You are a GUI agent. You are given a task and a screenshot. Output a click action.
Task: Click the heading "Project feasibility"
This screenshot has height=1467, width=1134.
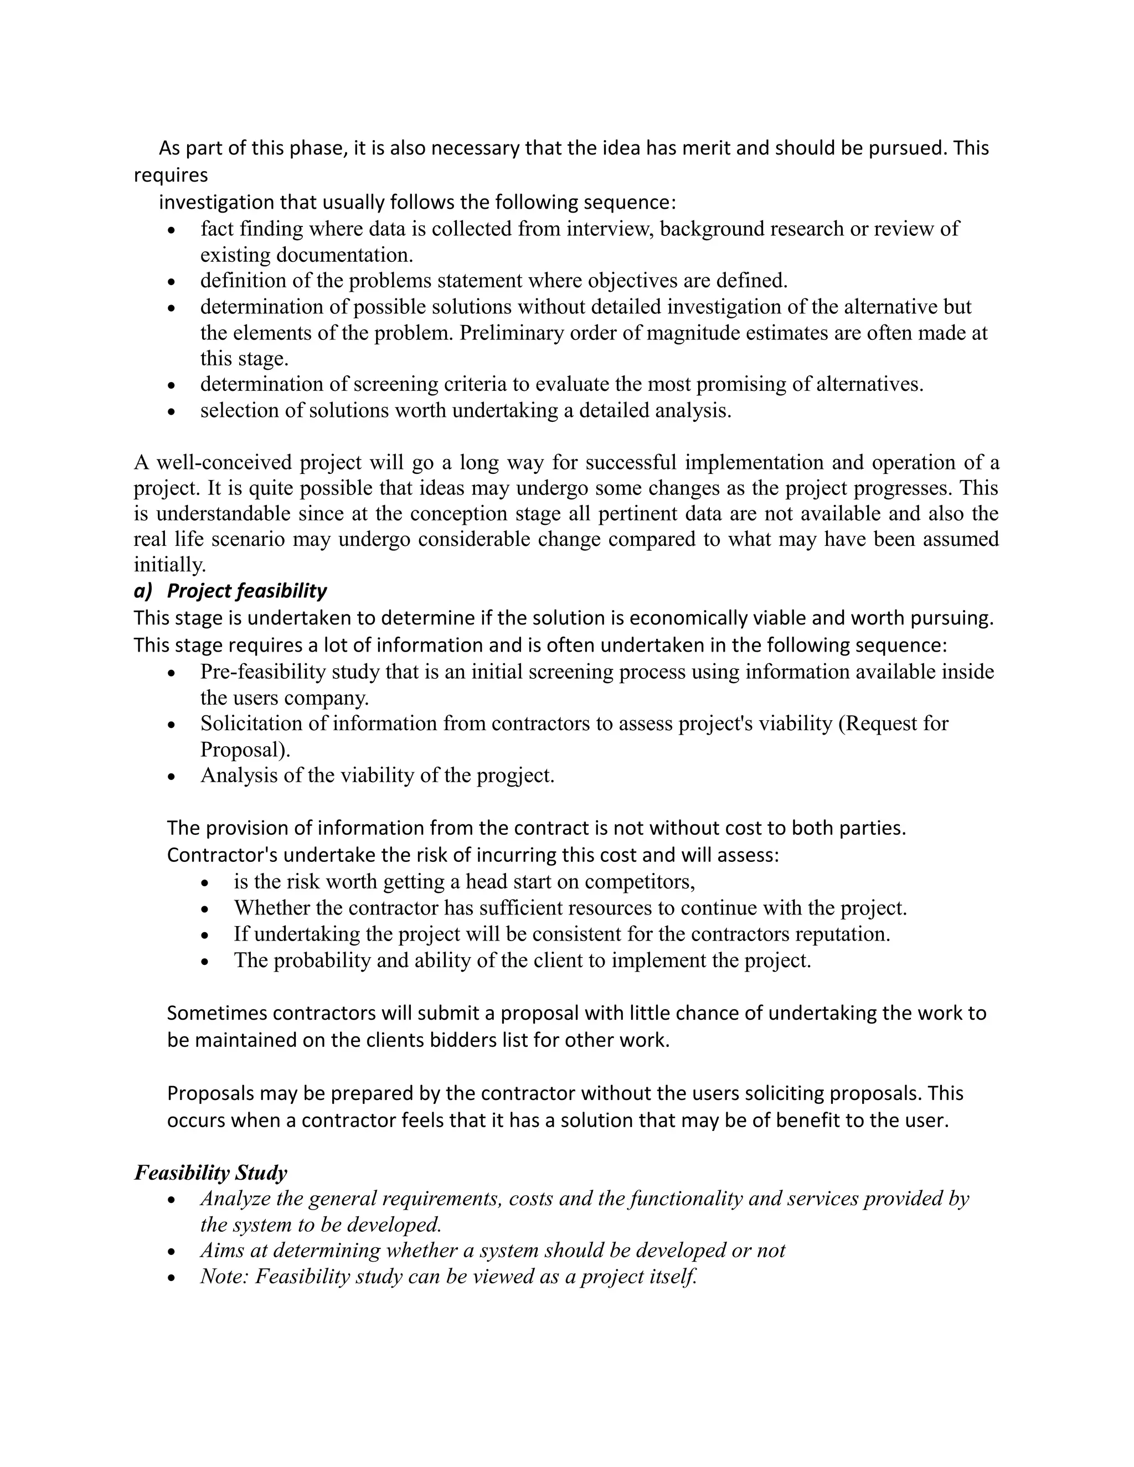pos(246,591)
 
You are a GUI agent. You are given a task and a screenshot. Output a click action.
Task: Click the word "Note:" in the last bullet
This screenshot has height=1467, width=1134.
pos(224,1276)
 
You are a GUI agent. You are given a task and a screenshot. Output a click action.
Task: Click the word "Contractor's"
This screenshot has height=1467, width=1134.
pos(221,855)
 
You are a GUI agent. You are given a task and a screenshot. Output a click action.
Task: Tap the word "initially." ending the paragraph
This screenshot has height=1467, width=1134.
pos(169,564)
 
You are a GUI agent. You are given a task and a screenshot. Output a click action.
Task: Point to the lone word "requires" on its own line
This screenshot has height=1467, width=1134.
pos(171,175)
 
